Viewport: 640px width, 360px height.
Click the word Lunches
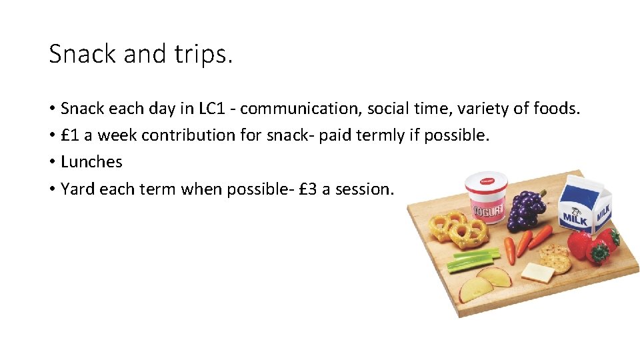[91, 162]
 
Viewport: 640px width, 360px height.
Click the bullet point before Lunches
[51, 162]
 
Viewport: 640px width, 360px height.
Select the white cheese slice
[537, 272]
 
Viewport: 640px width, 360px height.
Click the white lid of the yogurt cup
[486, 179]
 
